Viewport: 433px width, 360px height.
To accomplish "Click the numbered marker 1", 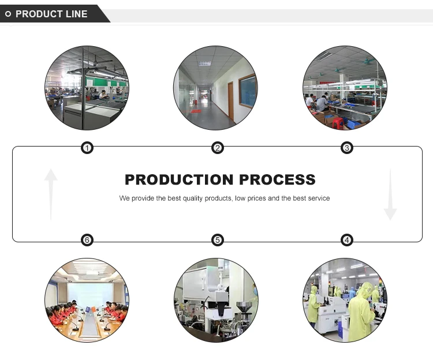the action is click(x=87, y=148).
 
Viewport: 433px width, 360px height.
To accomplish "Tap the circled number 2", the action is click(x=218, y=148).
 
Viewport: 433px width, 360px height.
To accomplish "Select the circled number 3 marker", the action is click(x=347, y=148).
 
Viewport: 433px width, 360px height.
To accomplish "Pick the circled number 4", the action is click(x=347, y=240).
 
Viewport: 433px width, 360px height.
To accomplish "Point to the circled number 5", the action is click(x=218, y=240).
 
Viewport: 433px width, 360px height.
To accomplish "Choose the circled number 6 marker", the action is click(x=87, y=240).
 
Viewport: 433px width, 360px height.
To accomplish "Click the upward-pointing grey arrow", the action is click(x=51, y=194).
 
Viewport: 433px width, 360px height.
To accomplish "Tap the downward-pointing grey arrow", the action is click(x=390, y=194).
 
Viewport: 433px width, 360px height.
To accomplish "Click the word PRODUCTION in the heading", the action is click(x=179, y=179).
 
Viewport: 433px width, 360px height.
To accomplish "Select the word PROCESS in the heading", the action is click(x=277, y=179).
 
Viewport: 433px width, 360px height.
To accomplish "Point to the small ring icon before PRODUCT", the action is click(x=8, y=14).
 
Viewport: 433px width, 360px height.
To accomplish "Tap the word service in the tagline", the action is click(x=319, y=198).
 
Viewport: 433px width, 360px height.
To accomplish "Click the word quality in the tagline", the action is click(x=193, y=198).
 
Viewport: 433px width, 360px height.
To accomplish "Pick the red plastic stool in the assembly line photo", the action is click(x=338, y=123).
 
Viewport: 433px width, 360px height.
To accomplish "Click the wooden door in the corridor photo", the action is click(x=230, y=100).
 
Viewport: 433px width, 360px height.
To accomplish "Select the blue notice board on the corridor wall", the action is click(x=248, y=91).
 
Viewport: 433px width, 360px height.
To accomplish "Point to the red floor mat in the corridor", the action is click(x=196, y=111).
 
